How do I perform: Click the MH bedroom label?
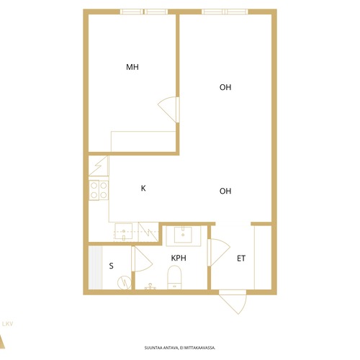point(132,67)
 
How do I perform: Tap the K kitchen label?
point(143,188)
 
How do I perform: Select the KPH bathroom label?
point(179,258)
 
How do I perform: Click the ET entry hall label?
point(241,258)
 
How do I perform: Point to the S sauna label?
point(111,266)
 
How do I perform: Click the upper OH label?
point(225,87)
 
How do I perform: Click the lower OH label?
point(225,191)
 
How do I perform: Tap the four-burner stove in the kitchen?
point(99,190)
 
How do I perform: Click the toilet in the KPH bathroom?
point(174,277)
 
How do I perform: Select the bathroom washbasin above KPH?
point(183,234)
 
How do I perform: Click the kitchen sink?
point(123,231)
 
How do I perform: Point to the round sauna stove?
point(125,282)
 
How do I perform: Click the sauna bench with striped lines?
point(95,268)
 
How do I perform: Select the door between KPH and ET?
point(220,252)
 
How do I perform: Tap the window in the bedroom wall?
point(144,12)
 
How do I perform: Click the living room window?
point(225,12)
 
